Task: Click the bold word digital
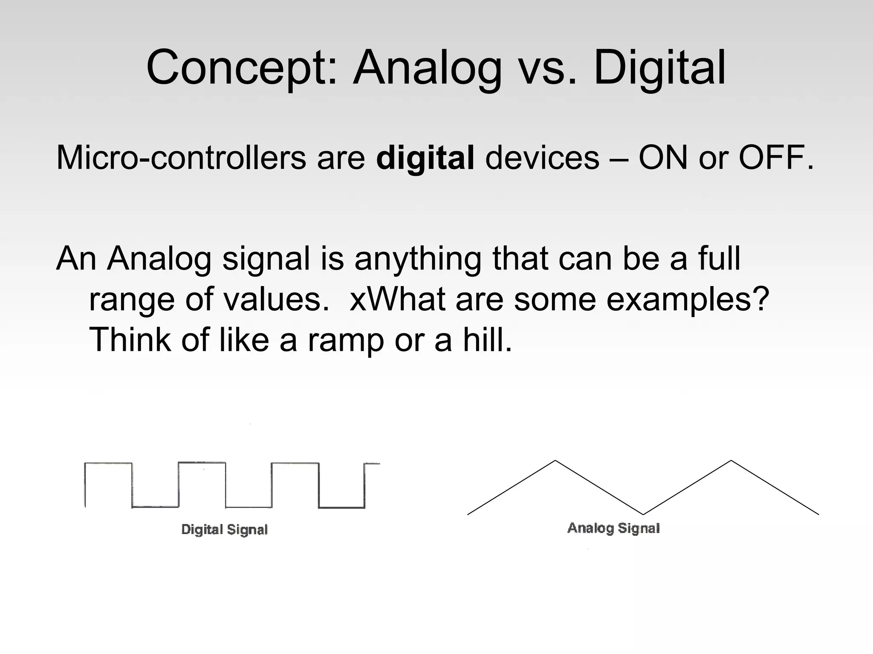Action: tap(425, 158)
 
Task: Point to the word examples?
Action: tap(688, 300)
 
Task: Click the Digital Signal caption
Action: tap(225, 530)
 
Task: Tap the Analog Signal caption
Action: tap(613, 528)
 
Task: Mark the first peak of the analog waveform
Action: tap(555, 461)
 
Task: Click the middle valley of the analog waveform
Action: tap(643, 514)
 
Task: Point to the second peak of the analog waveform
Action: tap(731, 461)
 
